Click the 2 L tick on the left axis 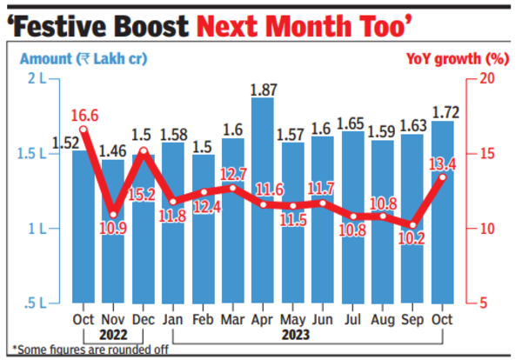39,78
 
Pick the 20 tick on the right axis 487,78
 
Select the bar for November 113,243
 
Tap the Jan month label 174,319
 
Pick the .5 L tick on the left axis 39,303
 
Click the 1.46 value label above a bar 113,150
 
